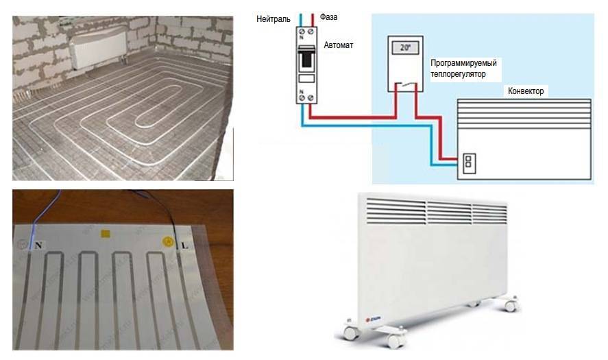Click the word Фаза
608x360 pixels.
point(329,16)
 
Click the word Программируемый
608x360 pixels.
point(463,62)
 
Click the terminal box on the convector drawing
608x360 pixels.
point(468,163)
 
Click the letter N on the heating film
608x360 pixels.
point(39,243)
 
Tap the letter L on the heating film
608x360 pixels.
point(184,244)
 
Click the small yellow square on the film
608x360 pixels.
point(105,234)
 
